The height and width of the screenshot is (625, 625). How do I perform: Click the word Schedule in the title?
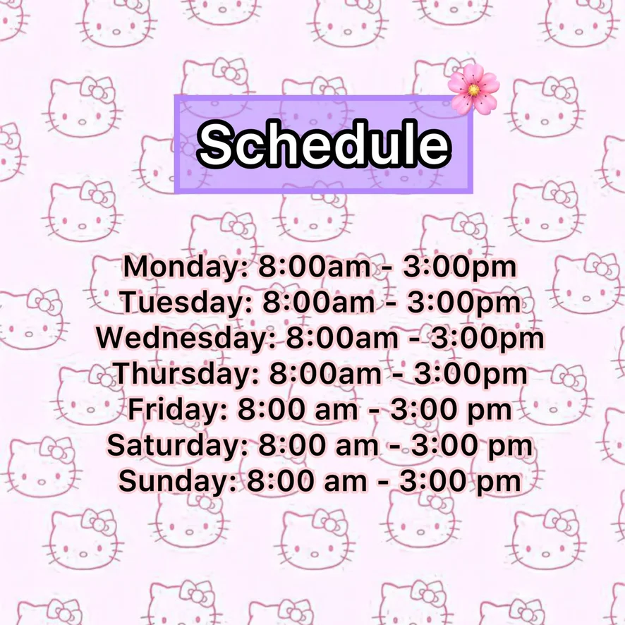click(324, 143)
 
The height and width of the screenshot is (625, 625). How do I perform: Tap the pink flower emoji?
click(473, 90)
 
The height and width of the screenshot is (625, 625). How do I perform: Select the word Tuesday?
click(186, 302)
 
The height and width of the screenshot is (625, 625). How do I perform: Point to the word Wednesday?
click(186, 338)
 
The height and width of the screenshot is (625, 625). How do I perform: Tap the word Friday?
click(177, 410)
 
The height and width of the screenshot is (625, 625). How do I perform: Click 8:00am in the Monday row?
click(315, 266)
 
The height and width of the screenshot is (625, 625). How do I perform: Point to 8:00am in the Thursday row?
click(325, 373)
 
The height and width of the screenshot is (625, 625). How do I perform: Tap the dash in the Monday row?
click(387, 268)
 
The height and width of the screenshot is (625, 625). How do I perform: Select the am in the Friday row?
click(336, 412)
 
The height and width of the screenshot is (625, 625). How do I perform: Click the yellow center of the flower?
click(473, 90)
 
